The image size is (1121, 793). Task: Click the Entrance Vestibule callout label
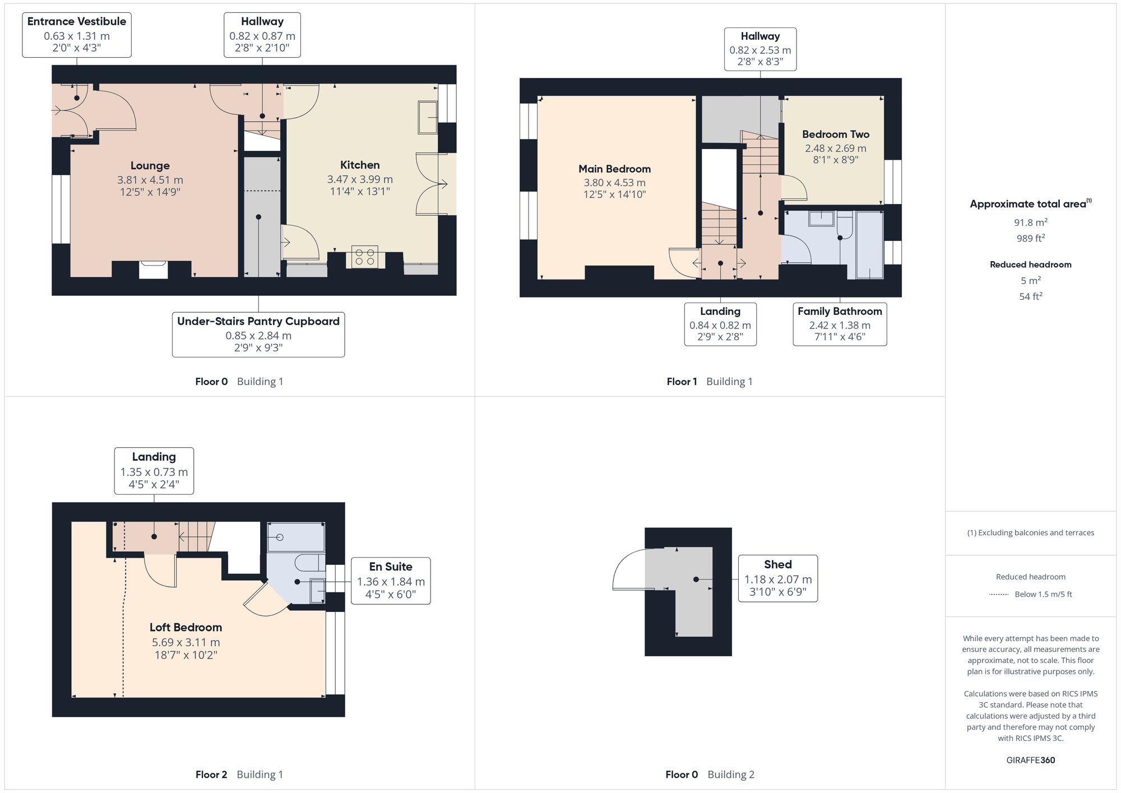pos(77,35)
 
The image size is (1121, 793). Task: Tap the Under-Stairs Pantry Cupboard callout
pos(258,335)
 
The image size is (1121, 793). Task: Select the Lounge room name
pos(150,166)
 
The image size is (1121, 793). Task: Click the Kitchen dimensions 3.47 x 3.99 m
pos(360,179)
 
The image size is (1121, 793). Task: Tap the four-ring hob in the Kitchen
pos(364,257)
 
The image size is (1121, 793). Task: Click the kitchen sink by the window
pos(428,117)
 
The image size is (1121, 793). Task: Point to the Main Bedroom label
pos(614,169)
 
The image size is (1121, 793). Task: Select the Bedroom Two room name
pos(835,135)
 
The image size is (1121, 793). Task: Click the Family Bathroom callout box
pos(840,324)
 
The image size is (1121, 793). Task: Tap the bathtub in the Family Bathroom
pos(869,245)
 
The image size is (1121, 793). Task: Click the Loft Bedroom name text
pos(186,627)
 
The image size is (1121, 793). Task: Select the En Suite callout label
pos(391,581)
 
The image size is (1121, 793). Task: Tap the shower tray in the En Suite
pos(295,537)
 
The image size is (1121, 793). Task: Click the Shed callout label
pos(777,578)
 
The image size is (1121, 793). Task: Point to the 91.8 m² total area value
pos(1030,222)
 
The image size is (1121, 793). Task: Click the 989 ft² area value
pos(1030,238)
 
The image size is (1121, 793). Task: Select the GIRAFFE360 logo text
pos(1030,760)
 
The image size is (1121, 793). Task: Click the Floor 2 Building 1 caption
pos(239,775)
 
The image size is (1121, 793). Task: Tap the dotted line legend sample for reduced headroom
pos(999,595)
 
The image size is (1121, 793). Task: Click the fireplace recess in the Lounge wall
pos(153,270)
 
